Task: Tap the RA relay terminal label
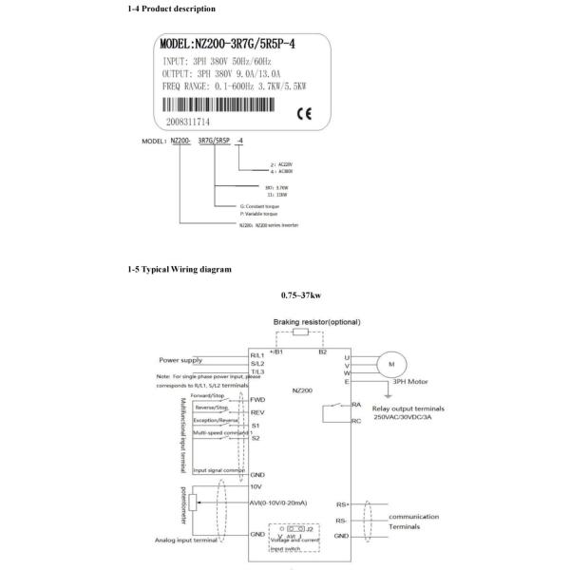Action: click(x=355, y=404)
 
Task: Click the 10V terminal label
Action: click(x=256, y=485)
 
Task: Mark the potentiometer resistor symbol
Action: click(x=197, y=503)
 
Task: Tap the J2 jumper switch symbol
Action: click(x=301, y=530)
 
